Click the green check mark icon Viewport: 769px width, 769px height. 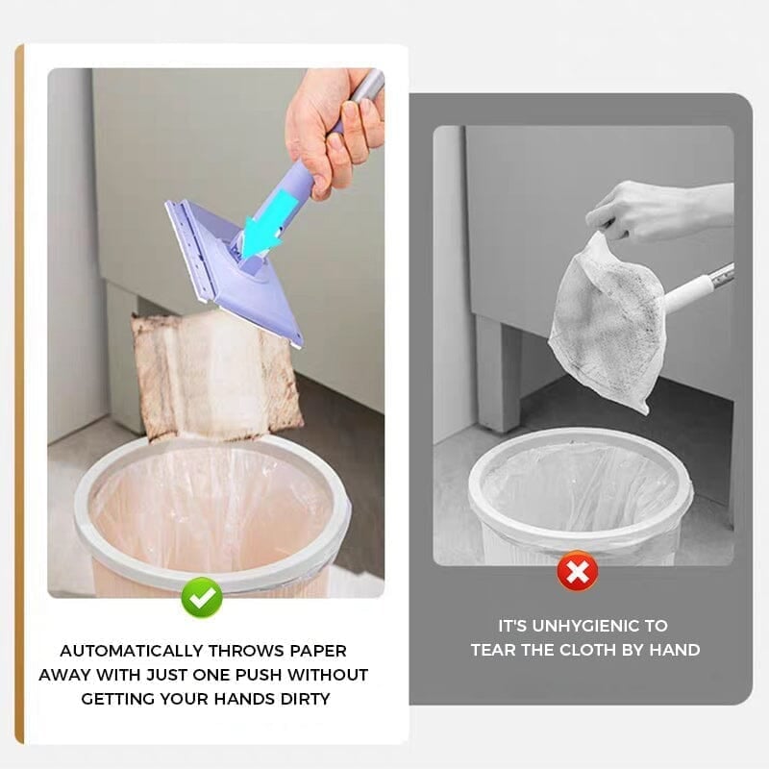pyautogui.click(x=202, y=598)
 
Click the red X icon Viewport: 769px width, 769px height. pyautogui.click(x=577, y=573)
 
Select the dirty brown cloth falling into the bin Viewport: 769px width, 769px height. pyautogui.click(x=216, y=375)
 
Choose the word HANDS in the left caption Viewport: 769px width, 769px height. pyautogui.click(x=245, y=699)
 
